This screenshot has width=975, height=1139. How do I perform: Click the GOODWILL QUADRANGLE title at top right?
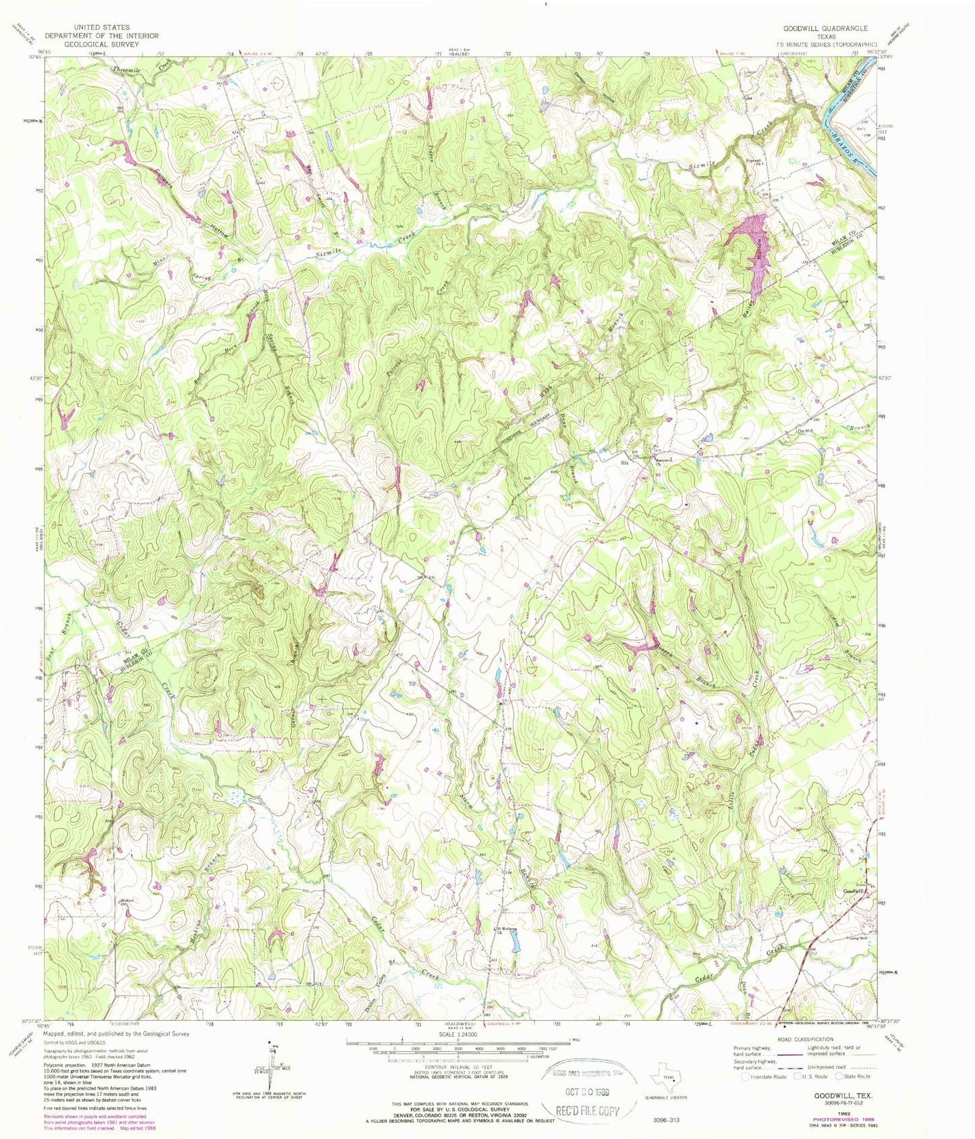pos(825,28)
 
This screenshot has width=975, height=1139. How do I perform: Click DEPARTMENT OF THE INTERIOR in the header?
pos(101,36)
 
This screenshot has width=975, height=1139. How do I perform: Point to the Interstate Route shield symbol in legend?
pos(746,1076)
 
